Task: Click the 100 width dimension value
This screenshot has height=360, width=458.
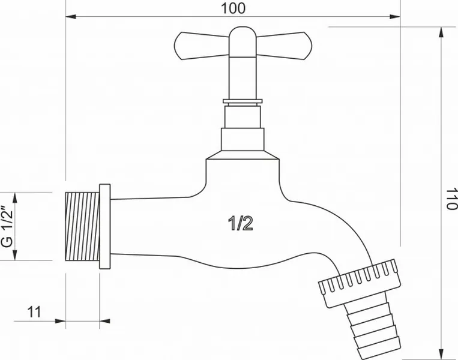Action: pyautogui.click(x=233, y=8)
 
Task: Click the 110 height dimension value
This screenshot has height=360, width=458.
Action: pyautogui.click(x=451, y=198)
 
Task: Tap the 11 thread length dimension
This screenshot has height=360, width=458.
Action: pyautogui.click(x=34, y=312)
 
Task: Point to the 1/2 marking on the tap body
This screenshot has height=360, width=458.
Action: pyautogui.click(x=240, y=223)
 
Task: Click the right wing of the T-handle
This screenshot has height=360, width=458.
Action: pyautogui.click(x=285, y=46)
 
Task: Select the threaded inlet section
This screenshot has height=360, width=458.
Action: pyautogui.click(x=82, y=226)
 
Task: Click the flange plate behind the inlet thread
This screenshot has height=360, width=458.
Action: pyautogui.click(x=105, y=226)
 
